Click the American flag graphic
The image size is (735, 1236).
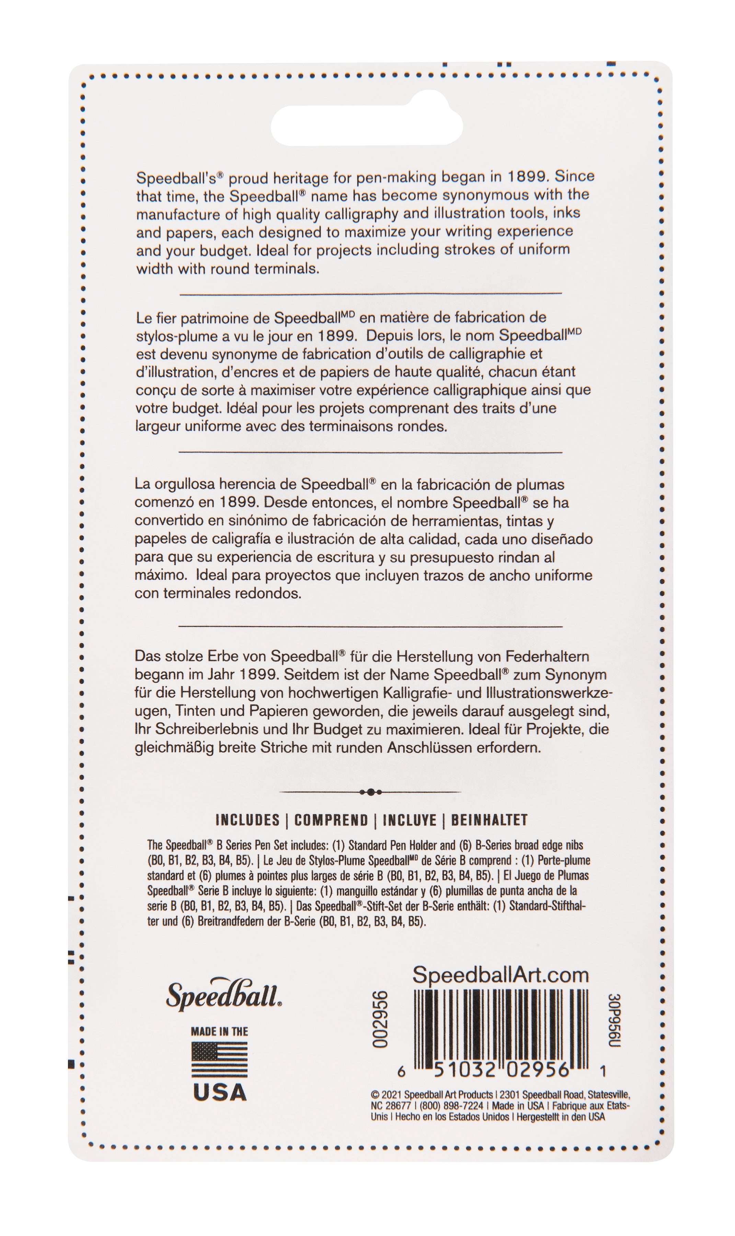(x=219, y=1060)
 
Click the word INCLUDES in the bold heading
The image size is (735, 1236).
(x=248, y=820)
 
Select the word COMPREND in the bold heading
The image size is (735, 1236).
(x=331, y=820)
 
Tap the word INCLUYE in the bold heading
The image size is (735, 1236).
(x=410, y=820)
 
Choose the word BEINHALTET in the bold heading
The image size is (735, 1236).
(x=489, y=820)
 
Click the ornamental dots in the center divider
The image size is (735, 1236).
(x=370, y=792)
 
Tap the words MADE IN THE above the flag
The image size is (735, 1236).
(x=219, y=1031)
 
